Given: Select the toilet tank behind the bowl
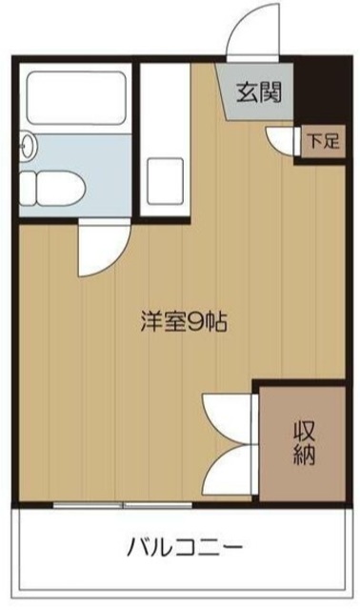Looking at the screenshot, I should [x=30, y=185].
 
